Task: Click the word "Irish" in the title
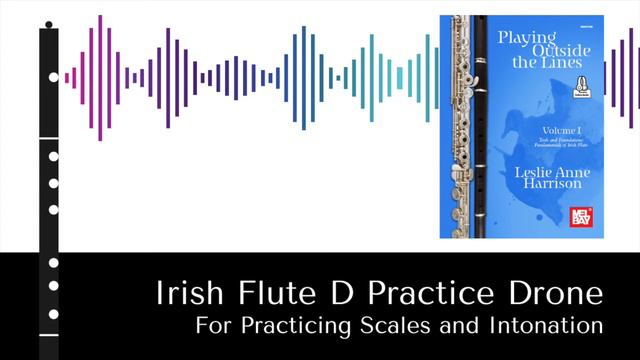click(x=187, y=295)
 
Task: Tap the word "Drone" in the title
click(x=560, y=295)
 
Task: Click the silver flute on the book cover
click(x=463, y=125)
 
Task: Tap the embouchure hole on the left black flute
click(x=53, y=77)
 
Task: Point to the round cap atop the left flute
click(x=49, y=24)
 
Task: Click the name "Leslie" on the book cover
click(x=536, y=171)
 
